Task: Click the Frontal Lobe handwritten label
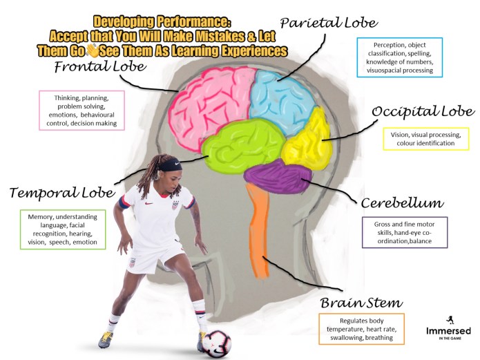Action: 100,67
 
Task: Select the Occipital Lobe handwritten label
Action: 423,111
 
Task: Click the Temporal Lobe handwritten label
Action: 62,191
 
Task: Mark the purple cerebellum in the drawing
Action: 280,177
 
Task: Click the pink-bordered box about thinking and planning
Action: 82,110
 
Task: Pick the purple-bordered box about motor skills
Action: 405,232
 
